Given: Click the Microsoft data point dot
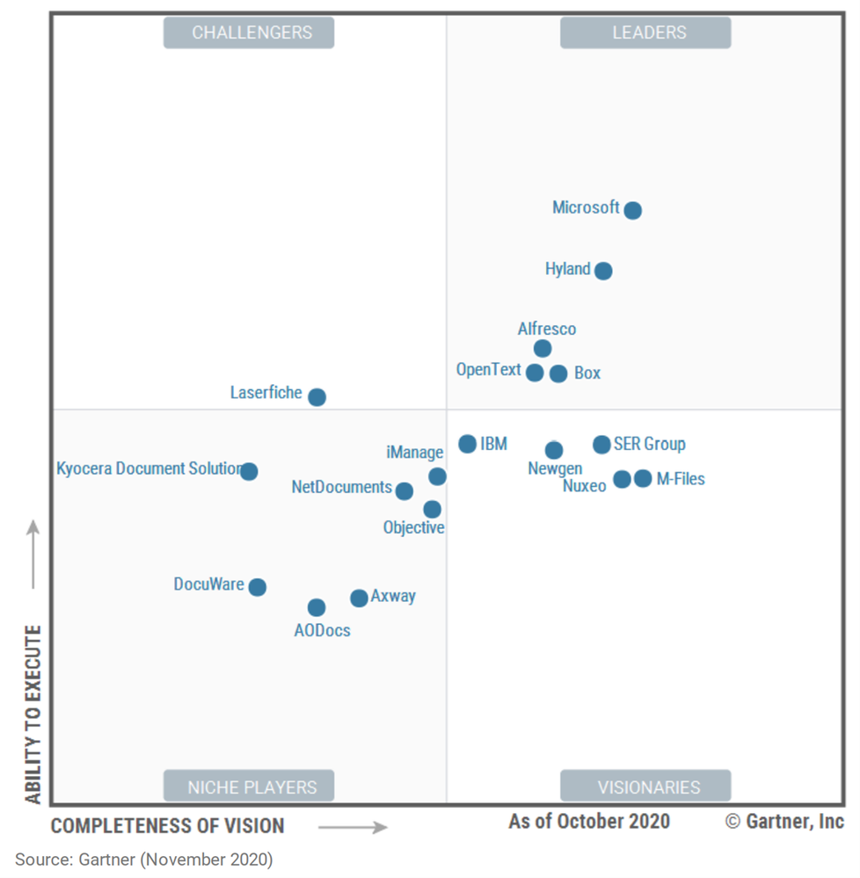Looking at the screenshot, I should (633, 210).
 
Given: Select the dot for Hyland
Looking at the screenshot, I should (603, 271).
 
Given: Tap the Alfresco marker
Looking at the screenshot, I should (543, 348).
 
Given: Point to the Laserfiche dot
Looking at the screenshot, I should (317, 397).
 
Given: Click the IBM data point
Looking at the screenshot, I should (468, 444).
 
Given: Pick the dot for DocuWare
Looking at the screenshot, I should (257, 587).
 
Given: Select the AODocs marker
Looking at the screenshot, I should (317, 607).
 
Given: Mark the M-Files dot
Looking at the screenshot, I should (643, 479).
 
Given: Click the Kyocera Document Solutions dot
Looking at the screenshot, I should (249, 471).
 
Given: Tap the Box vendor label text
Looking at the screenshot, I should (587, 373).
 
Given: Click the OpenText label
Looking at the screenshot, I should (488, 370).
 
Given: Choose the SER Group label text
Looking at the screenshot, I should (650, 444).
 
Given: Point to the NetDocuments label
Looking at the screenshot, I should (341, 487).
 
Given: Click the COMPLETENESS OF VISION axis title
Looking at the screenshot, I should (167, 826).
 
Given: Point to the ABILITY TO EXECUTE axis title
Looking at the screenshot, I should (33, 714).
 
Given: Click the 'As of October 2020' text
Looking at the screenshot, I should (588, 822).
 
